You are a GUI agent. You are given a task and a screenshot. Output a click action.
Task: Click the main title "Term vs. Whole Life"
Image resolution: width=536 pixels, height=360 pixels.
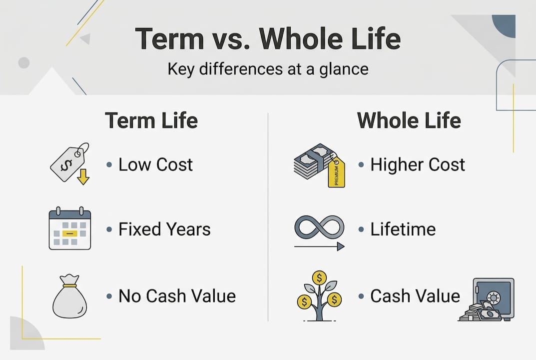coord(268,39)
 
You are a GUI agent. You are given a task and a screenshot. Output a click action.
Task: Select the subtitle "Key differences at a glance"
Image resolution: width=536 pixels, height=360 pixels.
coord(268,68)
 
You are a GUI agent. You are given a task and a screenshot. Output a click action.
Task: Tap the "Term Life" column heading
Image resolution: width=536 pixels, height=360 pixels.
coord(151,120)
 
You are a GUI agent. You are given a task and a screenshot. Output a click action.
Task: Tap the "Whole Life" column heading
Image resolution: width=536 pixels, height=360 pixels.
coord(409,120)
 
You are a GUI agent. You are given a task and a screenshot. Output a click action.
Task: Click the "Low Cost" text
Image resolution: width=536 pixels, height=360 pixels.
coord(155,164)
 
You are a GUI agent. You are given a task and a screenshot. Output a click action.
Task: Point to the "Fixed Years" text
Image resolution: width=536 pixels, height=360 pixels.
coord(164,229)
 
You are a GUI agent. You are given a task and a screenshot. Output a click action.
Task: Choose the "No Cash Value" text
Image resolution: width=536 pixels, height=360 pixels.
coord(177,295)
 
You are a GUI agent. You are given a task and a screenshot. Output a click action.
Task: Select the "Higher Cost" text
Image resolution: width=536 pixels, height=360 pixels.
coord(418,164)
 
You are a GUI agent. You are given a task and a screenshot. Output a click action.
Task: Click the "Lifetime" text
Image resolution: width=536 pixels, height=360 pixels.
coord(403,229)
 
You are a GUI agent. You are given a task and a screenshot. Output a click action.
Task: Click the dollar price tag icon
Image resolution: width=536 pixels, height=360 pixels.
coord(69,161)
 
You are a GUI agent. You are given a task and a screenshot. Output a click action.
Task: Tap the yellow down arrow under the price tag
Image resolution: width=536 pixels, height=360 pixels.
coord(83,176)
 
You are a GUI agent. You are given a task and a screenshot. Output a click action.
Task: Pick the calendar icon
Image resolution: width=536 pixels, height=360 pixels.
coord(70,228)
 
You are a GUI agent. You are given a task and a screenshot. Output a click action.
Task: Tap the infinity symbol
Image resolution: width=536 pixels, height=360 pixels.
coord(319,228)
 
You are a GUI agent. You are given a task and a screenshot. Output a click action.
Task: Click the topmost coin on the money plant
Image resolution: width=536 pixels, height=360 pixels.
coord(319,277)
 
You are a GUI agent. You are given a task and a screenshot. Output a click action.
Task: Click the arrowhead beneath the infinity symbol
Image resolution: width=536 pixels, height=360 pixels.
coord(340,246)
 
